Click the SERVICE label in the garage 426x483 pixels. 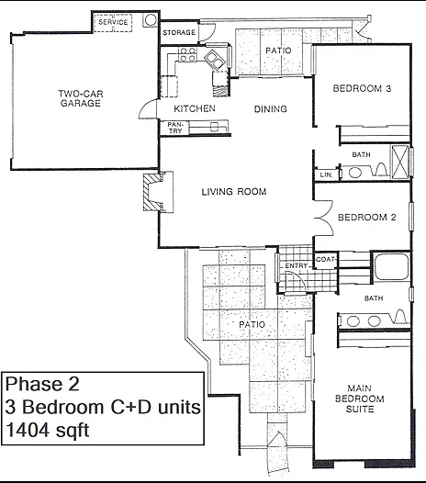[113, 22]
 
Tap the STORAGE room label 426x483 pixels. [179, 32]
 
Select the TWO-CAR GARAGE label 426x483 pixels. [81, 98]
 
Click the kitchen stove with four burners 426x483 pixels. [187, 54]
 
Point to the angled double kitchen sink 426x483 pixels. [215, 60]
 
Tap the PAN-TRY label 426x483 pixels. [175, 128]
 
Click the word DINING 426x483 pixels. [271, 109]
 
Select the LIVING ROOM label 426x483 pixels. [234, 192]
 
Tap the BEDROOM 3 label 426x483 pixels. [362, 89]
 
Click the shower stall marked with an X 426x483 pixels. [400, 161]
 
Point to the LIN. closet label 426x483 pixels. [327, 175]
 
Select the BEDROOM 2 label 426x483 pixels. [367, 218]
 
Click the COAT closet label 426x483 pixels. [325, 259]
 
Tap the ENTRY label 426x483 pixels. [297, 265]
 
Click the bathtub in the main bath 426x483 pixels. [391, 266]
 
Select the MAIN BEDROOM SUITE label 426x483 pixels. [360, 399]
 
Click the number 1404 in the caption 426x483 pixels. [27, 430]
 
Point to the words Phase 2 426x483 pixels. [42, 384]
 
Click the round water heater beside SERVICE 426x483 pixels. [151, 20]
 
